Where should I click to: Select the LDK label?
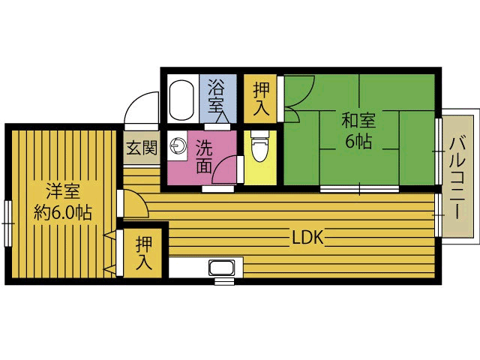[x=307, y=238]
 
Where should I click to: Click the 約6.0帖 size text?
[x=63, y=212]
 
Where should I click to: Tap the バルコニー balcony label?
[x=458, y=173]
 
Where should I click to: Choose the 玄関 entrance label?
[x=141, y=148]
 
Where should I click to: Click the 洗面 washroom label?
[x=204, y=157]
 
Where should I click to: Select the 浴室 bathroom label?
[x=216, y=94]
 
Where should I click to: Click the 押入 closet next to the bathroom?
[x=261, y=97]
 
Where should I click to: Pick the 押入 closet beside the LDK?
[x=143, y=252]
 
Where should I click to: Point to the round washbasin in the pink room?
[x=179, y=146]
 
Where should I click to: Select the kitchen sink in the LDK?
[x=221, y=268]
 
